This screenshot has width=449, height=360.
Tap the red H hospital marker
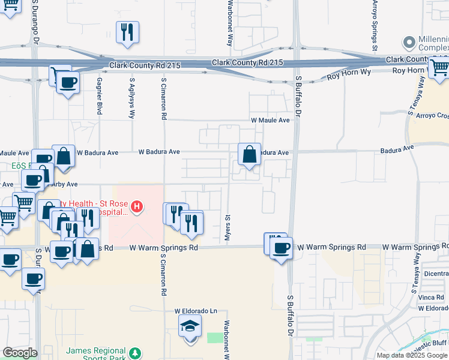click(x=137, y=208)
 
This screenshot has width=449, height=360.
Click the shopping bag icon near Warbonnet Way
click(x=250, y=155)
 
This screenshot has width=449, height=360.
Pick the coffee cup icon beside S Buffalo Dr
click(x=281, y=247)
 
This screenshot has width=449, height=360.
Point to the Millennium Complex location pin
click(x=410, y=43)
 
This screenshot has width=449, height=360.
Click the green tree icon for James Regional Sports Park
click(x=136, y=352)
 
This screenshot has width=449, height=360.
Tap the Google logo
click(x=20, y=353)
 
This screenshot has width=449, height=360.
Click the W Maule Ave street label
click(x=270, y=120)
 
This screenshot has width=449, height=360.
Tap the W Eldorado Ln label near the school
click(x=196, y=311)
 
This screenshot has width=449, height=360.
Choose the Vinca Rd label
click(x=432, y=298)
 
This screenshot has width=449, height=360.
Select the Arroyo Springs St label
click(x=375, y=25)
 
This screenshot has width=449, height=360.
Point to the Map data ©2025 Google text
click(x=412, y=355)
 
